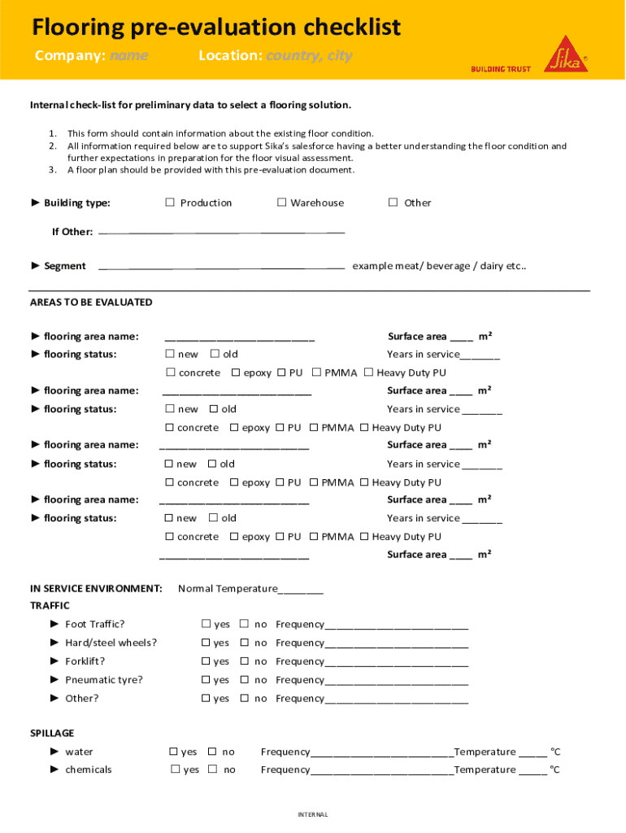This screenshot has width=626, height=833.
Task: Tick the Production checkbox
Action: coord(171,203)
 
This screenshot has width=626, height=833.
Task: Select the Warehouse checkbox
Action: coord(281,203)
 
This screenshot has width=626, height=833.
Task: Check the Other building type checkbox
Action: coord(393,203)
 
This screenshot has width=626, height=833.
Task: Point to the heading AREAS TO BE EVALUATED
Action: coord(91,302)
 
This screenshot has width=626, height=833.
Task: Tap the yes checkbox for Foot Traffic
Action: coord(206,624)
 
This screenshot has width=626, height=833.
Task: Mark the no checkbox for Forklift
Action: coord(244,661)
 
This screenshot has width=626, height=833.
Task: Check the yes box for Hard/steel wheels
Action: coord(206,643)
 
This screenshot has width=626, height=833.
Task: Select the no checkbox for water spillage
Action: coord(212,752)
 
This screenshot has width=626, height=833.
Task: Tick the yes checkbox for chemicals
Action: coord(175,770)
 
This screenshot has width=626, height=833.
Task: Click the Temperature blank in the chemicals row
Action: coord(533,770)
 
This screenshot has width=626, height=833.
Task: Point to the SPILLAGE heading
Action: coord(52,733)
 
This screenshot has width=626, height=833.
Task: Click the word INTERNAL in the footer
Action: coord(312,814)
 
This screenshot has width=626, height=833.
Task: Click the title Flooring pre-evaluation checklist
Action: coord(216,28)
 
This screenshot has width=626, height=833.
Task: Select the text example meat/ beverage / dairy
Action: coord(439,266)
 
